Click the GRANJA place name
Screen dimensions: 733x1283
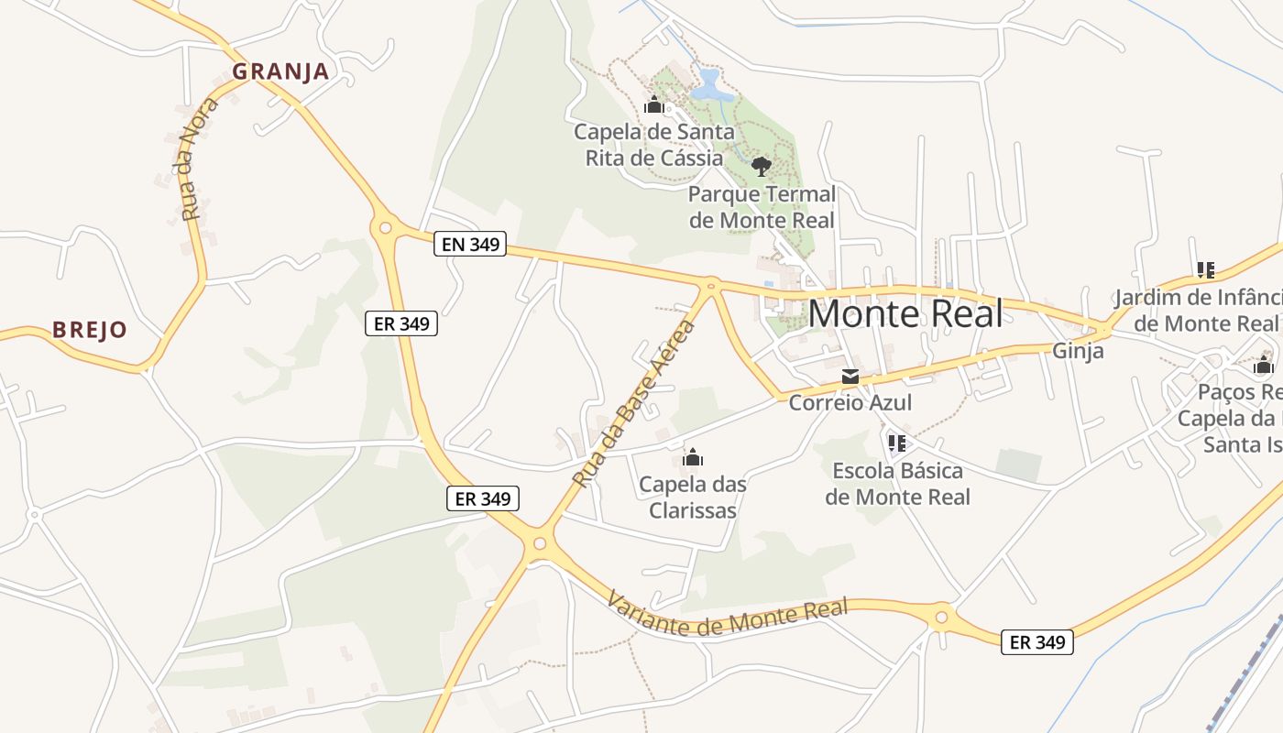click(280, 71)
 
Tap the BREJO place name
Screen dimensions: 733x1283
click(90, 330)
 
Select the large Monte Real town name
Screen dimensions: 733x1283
click(905, 314)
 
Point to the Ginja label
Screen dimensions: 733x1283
click(1078, 351)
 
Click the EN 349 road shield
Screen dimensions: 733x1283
click(470, 245)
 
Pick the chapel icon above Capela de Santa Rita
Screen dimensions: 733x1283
click(653, 105)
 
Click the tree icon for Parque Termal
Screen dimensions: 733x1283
click(761, 166)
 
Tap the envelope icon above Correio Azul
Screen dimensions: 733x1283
click(850, 377)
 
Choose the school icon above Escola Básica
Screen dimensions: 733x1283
click(897, 444)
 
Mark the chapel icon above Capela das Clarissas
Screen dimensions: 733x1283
click(693, 456)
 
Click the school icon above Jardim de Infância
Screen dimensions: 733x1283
click(1205, 270)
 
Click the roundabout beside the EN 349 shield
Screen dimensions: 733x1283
click(386, 227)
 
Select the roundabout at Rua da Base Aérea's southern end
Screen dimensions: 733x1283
click(539, 544)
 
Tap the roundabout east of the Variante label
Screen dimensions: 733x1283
click(941, 617)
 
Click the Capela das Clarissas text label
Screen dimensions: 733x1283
click(693, 498)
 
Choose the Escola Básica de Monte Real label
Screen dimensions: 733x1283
click(897, 484)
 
